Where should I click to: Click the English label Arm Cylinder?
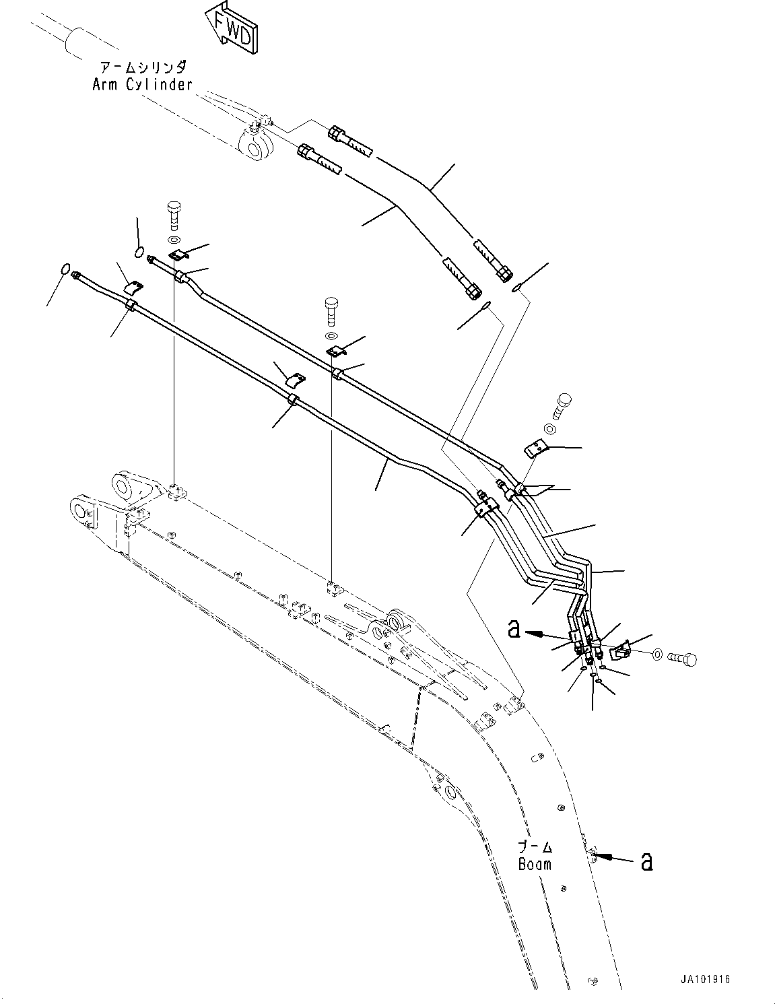pos(142,85)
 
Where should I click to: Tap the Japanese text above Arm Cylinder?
pos(143,68)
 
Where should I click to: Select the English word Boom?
pos(535,864)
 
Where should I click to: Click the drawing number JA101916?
pos(704,979)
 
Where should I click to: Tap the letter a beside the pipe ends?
pos(514,630)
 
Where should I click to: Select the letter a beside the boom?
pos(646,861)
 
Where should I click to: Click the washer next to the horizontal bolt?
pos(657,653)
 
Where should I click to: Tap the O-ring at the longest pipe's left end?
pos(65,270)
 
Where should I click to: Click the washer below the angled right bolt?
pos(549,429)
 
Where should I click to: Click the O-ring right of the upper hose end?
pos(516,289)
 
